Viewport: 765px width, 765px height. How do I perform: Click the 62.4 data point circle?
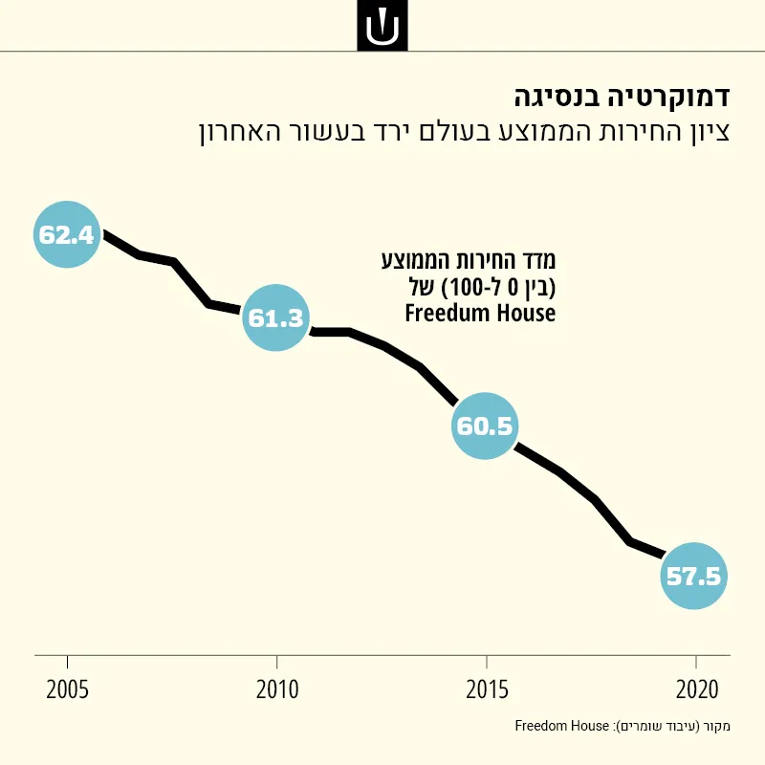[x=67, y=234]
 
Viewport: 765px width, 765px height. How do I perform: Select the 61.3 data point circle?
[x=276, y=317]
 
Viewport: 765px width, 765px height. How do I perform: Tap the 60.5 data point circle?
[x=485, y=426]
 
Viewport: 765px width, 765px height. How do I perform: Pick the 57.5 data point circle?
[x=694, y=577]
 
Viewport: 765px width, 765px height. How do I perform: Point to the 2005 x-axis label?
[x=67, y=689]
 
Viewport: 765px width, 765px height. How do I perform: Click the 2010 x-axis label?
[x=277, y=689]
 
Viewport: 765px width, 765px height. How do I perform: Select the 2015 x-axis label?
[x=487, y=689]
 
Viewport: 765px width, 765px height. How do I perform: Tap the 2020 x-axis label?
[x=697, y=689]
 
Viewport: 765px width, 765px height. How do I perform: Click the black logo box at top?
[x=382, y=26]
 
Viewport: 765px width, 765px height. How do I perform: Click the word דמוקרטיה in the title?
[x=668, y=98]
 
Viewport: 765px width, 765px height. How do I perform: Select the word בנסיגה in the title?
[x=557, y=98]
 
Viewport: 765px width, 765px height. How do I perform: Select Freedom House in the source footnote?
[x=562, y=726]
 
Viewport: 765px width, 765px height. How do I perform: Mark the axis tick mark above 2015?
[x=487, y=662]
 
